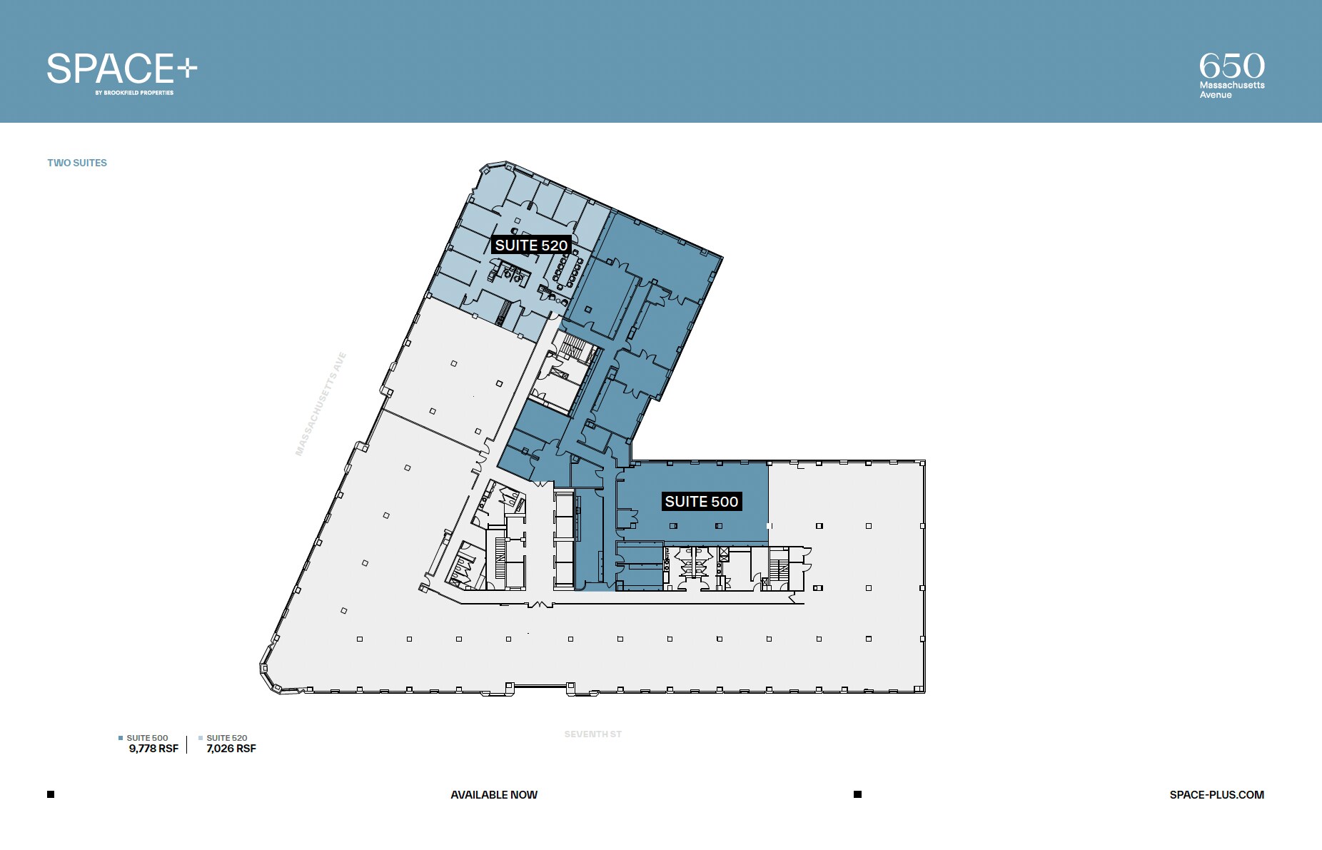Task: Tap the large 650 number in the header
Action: point(1231,66)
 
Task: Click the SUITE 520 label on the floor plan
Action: point(531,246)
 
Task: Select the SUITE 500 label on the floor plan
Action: point(701,502)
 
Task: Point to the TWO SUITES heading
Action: point(77,163)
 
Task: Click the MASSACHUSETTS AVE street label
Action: point(321,404)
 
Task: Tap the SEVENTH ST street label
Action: point(592,734)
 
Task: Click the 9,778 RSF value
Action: point(153,749)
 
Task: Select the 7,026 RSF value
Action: point(231,749)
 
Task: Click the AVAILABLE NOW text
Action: point(494,795)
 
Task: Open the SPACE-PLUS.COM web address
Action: point(1216,795)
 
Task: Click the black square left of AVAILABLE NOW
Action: point(51,794)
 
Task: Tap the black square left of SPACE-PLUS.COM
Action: point(857,794)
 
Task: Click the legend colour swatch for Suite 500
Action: point(121,738)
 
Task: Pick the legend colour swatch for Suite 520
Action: point(201,738)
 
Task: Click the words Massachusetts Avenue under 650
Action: point(1231,90)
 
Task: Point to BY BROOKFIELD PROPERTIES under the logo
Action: point(134,93)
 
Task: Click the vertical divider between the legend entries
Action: point(187,744)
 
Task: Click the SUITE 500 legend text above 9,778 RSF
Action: point(147,738)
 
